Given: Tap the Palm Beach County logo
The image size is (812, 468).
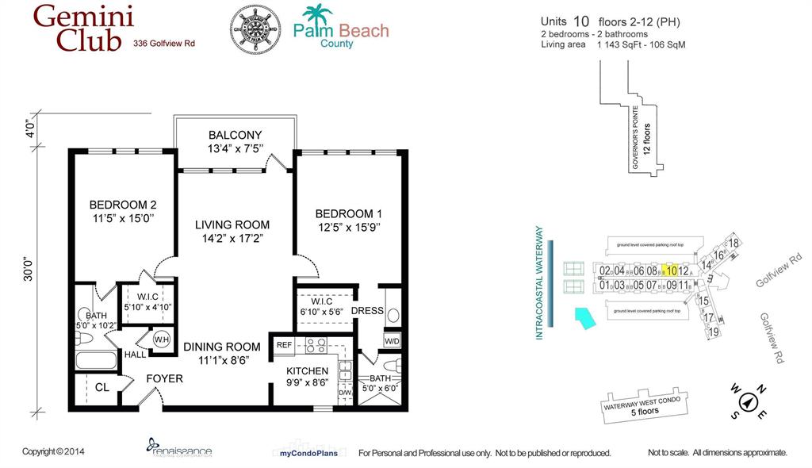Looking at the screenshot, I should pos(341,28).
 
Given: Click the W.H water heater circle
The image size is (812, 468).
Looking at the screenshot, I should pos(162,340).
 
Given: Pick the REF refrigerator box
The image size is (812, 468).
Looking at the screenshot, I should pos(283,345).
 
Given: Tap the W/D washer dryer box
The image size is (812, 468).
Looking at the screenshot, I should pos(392,341).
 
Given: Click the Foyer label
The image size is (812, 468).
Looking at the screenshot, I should pos(164,378).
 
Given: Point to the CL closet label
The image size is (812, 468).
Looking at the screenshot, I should pos(101,388).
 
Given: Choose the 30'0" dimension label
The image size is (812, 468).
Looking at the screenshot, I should pos(29,268).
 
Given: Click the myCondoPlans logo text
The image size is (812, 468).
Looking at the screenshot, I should pos(309,453).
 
